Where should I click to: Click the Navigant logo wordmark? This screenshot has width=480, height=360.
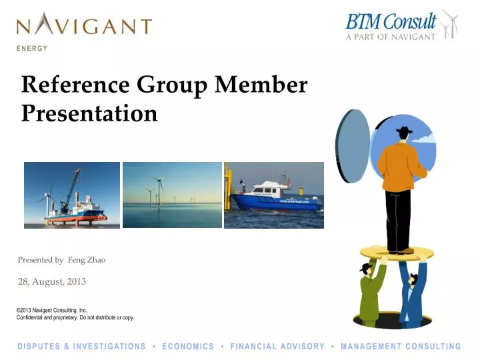(x=84, y=26)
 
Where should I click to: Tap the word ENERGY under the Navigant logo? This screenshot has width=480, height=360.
(x=33, y=49)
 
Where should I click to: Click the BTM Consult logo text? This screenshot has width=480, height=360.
(x=391, y=21)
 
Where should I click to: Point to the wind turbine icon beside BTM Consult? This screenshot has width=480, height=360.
(x=450, y=24)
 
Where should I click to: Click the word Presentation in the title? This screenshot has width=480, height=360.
(x=89, y=113)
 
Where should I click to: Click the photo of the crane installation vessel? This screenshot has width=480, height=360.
(x=72, y=195)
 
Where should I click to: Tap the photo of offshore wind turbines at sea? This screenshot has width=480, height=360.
(x=172, y=195)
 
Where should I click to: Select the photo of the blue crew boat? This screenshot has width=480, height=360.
(x=273, y=195)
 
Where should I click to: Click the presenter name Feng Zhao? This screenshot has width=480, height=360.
(x=87, y=260)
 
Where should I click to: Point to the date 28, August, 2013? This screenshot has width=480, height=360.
(x=52, y=281)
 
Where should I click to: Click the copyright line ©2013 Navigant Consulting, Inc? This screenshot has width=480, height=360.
(x=52, y=310)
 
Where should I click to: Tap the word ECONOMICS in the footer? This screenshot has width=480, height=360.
(x=188, y=347)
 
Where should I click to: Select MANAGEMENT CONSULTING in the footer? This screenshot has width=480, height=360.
(x=401, y=347)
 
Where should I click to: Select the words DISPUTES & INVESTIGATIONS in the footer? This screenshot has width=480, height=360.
(x=81, y=347)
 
